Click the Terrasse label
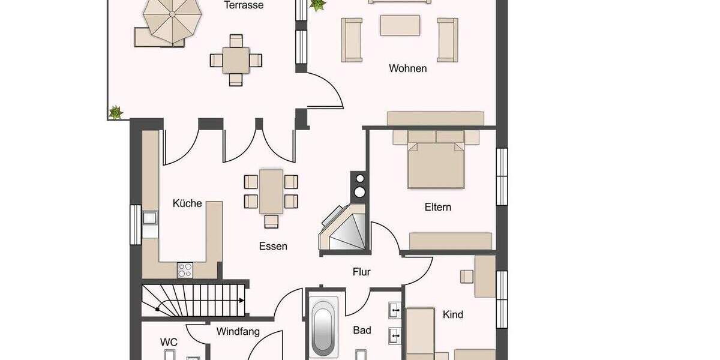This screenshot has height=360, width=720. (244, 5)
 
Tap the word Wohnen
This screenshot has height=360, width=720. (408, 68)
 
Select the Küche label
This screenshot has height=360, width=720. (187, 203)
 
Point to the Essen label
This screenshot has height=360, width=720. (273, 246)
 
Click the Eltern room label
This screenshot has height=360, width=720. (438, 208)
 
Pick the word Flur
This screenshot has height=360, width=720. (361, 272)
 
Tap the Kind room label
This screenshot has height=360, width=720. (453, 314)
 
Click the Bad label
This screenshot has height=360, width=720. (362, 330)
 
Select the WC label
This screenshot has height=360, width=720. (169, 342)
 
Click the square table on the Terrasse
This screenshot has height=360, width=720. (236, 60)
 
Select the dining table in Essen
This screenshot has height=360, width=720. (271, 191)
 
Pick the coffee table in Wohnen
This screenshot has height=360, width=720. (400, 26)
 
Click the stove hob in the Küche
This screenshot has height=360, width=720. (185, 270)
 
